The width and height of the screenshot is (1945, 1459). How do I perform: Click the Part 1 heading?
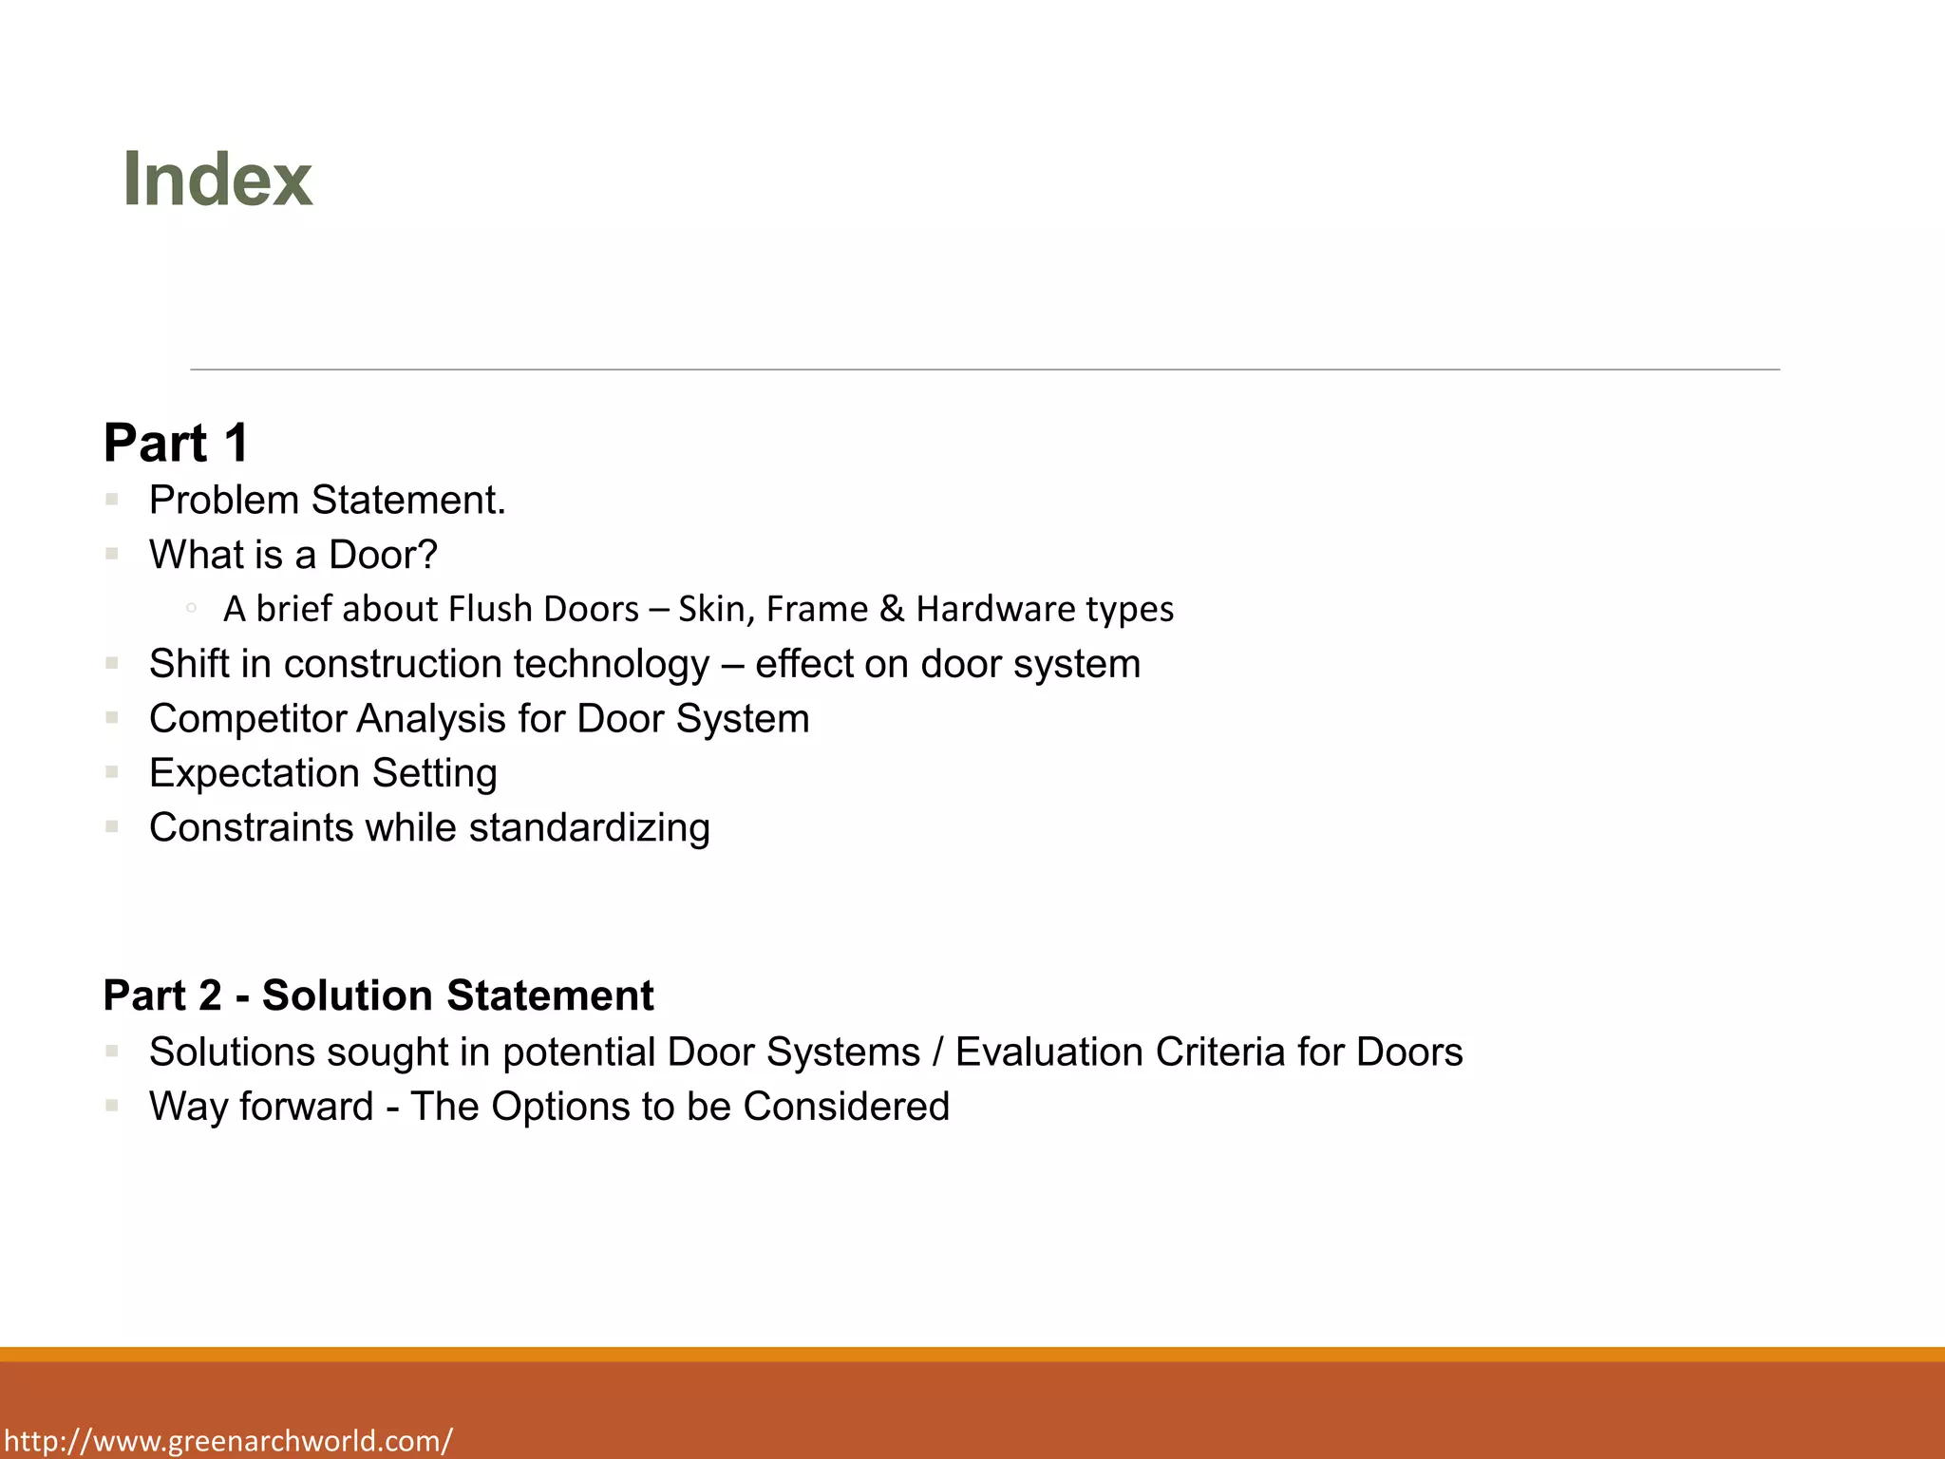pyautogui.click(x=177, y=443)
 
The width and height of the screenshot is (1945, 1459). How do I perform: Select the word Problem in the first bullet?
pyautogui.click(x=224, y=501)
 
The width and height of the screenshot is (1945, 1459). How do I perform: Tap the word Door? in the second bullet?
pyautogui.click(x=383, y=555)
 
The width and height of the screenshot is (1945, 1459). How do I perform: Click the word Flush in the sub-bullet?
pyautogui.click(x=490, y=609)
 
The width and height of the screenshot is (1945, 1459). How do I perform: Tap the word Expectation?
pyautogui.click(x=255, y=774)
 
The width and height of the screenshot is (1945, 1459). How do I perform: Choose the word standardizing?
pyautogui.click(x=589, y=828)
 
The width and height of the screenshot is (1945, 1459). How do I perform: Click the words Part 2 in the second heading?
pyautogui.click(x=162, y=995)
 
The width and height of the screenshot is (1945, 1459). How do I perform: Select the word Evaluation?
pyautogui.click(x=1048, y=1052)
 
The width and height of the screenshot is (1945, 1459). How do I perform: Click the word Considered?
pyautogui.click(x=846, y=1107)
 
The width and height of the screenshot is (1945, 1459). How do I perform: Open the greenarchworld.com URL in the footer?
pyautogui.click(x=228, y=1441)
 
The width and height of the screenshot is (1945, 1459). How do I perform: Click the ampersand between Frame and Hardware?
pyautogui.click(x=892, y=609)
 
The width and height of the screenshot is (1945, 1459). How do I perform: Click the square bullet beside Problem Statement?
pyautogui.click(x=112, y=499)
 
